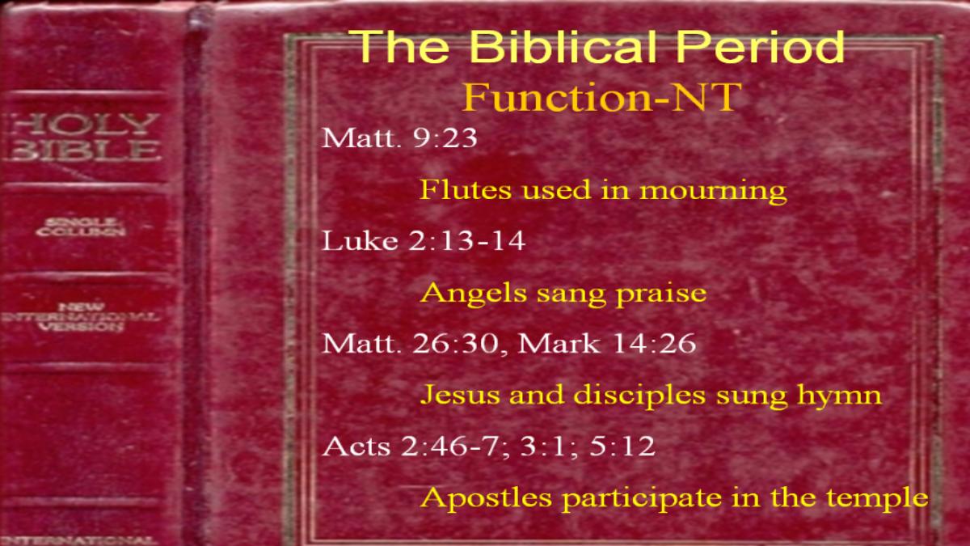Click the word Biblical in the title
click(x=563, y=46)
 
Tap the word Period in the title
click(x=761, y=46)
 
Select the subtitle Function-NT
click(x=602, y=97)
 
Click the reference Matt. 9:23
click(x=399, y=138)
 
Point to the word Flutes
click(x=466, y=190)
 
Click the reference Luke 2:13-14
click(x=424, y=240)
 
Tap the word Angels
click(x=474, y=294)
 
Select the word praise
click(x=661, y=294)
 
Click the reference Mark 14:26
click(x=607, y=344)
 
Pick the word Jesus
click(x=460, y=396)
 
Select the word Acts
click(x=356, y=447)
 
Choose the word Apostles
click(x=486, y=498)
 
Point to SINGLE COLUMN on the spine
click(x=81, y=227)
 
